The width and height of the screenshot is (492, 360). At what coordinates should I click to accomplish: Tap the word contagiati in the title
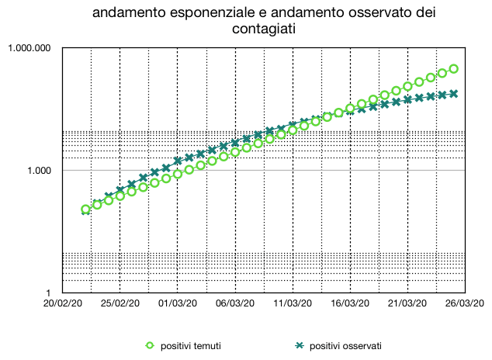(265, 29)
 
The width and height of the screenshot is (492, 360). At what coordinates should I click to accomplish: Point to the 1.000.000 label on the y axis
(29, 48)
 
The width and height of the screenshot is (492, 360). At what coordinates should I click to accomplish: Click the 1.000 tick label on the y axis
(39, 170)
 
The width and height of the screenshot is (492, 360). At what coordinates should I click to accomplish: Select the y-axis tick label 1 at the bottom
(49, 292)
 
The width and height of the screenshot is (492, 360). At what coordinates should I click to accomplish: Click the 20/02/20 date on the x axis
(63, 304)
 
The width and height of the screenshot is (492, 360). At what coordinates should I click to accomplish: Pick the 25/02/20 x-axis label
(120, 304)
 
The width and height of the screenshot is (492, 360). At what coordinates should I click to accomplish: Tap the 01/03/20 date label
(178, 304)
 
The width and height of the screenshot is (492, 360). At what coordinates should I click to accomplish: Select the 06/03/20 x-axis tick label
(235, 304)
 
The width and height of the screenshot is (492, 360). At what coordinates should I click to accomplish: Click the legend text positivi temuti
(191, 345)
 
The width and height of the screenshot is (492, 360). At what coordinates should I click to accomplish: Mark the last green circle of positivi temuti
(453, 69)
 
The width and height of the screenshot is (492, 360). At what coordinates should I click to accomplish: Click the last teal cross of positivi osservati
(453, 94)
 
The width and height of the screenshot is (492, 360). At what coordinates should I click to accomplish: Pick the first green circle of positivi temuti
(86, 209)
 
